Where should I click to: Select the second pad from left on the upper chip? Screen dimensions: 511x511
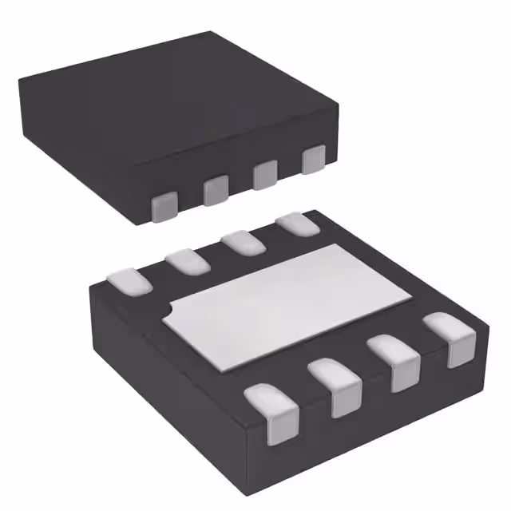(216, 190)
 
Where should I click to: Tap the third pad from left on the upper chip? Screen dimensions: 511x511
(264, 175)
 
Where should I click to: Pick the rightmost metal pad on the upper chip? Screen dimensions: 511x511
(313, 160)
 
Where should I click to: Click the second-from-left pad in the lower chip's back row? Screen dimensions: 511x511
(186, 260)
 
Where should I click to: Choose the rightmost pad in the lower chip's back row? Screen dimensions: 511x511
(295, 225)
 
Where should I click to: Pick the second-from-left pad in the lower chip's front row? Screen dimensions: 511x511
(335, 386)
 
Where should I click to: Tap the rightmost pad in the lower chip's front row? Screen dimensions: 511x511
(450, 339)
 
